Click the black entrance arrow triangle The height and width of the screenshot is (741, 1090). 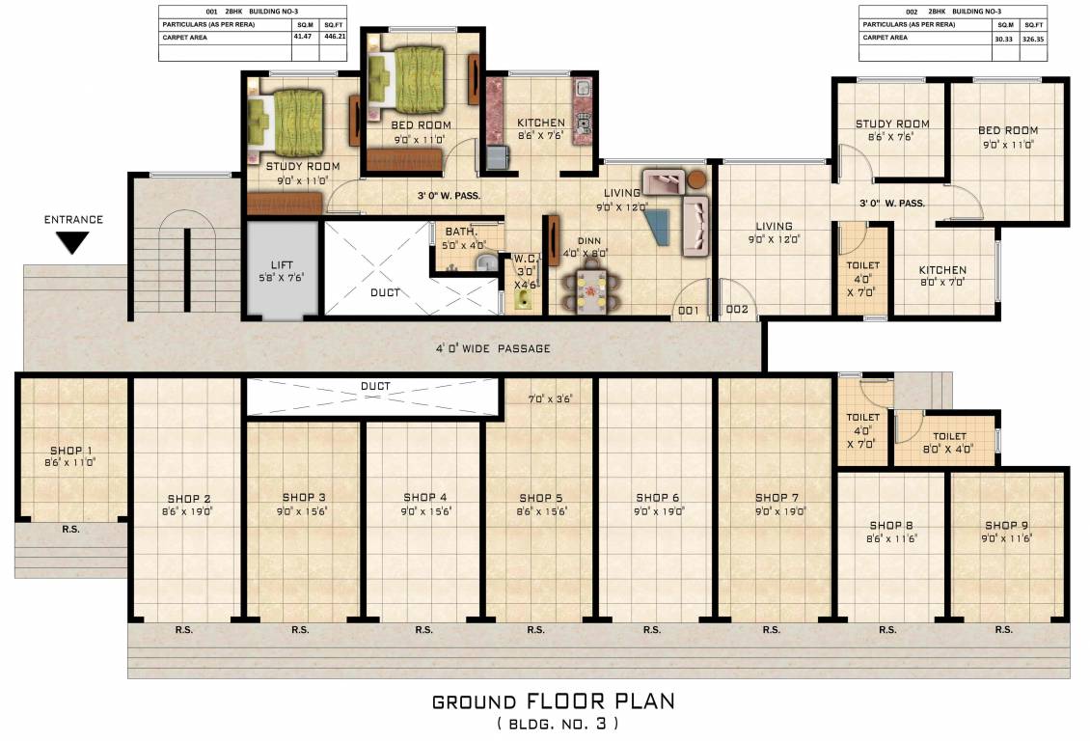(73, 242)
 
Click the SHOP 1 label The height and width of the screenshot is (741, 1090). (71, 451)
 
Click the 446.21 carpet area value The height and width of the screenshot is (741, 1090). (333, 38)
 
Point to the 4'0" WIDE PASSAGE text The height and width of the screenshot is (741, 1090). (492, 348)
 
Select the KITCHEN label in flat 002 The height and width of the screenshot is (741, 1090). (941, 270)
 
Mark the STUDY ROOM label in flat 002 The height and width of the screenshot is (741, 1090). (892, 123)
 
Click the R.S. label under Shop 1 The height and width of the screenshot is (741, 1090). (70, 530)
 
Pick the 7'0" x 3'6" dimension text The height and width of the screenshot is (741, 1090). (550, 398)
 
